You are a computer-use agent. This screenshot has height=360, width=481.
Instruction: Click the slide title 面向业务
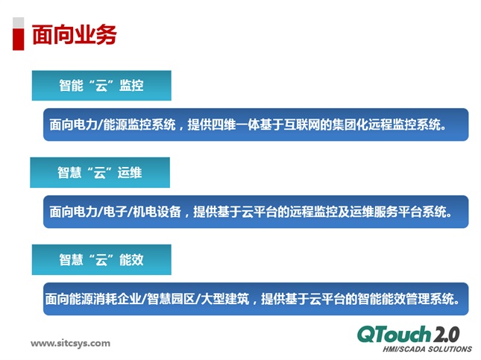[74, 35]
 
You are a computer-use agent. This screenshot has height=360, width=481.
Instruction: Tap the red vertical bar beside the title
[18, 35]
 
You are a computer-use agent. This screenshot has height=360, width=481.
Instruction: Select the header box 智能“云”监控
[101, 86]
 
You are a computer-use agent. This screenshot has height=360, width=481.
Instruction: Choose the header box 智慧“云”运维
[100, 173]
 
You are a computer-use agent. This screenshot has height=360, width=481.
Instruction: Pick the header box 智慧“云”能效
[101, 259]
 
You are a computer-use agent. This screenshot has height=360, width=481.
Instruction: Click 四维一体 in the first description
[237, 124]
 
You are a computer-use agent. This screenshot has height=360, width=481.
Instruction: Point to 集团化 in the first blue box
[363, 124]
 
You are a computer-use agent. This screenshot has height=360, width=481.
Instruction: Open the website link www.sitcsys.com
[70, 344]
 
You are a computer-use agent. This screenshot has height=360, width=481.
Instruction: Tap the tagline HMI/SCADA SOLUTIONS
[427, 348]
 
